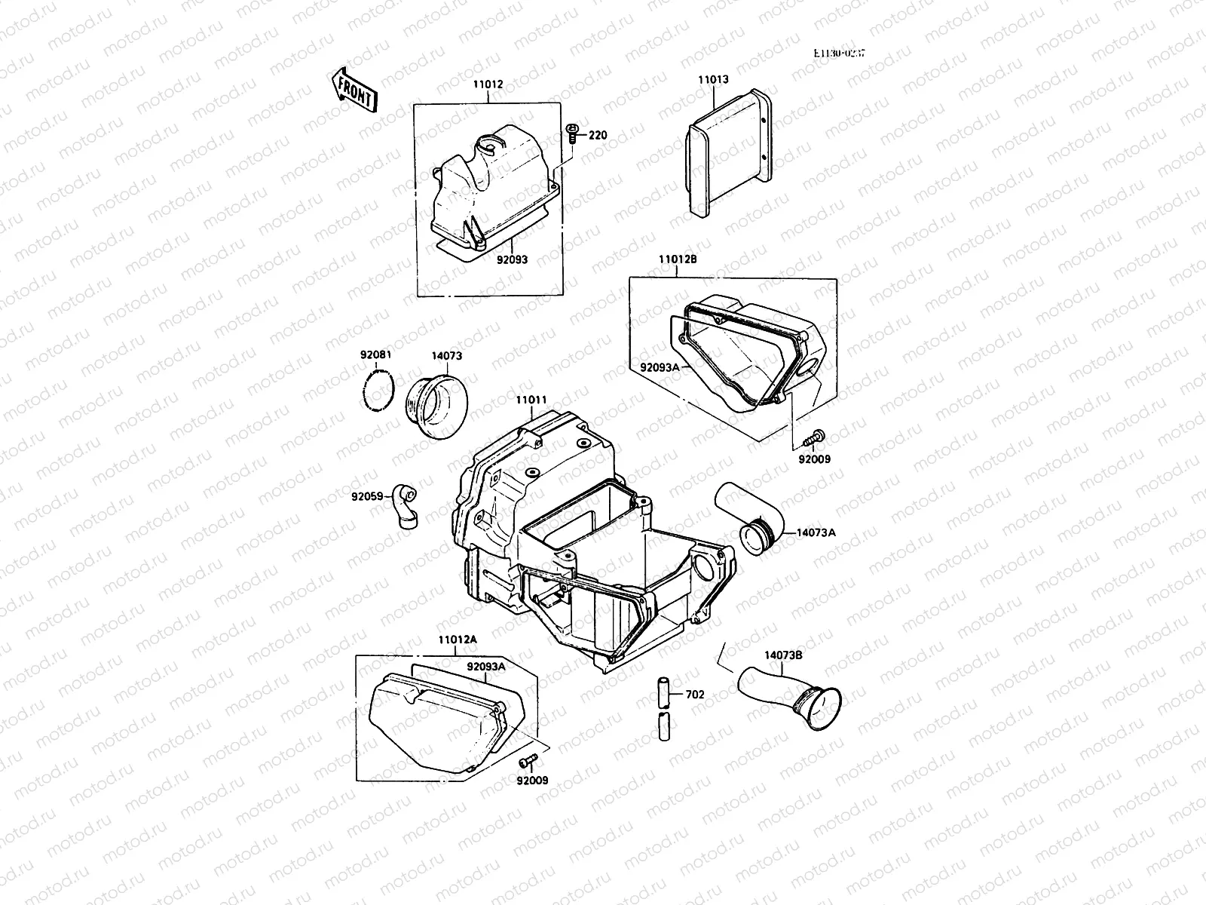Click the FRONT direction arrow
(353, 90)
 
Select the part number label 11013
(712, 78)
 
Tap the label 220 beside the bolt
(598, 136)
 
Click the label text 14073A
(816, 532)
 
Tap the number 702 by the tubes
(696, 695)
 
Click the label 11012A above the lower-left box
(458, 640)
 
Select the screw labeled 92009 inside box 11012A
(528, 759)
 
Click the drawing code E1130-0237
(839, 54)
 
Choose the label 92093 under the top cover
(512, 259)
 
